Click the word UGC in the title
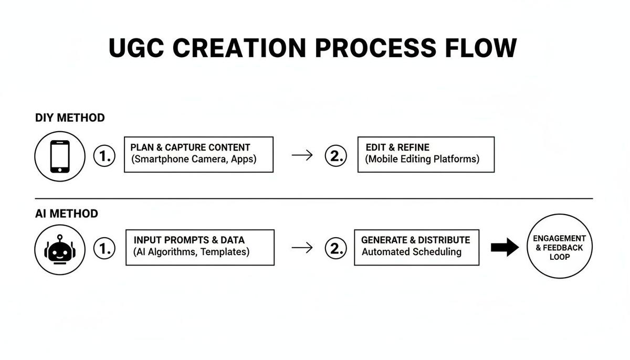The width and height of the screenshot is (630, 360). (x=135, y=48)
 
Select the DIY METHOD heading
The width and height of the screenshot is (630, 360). (x=70, y=118)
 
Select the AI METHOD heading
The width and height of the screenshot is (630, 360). (x=66, y=214)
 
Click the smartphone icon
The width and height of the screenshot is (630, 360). (x=60, y=156)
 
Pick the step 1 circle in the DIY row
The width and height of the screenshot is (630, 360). (x=104, y=156)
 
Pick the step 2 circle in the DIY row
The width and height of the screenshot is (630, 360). (x=336, y=156)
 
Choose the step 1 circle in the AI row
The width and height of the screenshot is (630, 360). (x=104, y=249)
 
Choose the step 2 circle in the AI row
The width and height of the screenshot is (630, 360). (x=336, y=249)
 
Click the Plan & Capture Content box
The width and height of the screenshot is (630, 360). (x=198, y=154)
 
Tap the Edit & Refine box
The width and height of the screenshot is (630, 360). (x=426, y=154)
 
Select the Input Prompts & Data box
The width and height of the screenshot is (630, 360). (x=199, y=247)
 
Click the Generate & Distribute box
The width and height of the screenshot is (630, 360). (x=416, y=247)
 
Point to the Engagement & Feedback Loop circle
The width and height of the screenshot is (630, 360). (x=559, y=248)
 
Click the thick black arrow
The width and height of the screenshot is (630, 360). (x=505, y=248)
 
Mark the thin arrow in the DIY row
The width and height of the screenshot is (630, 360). (x=302, y=155)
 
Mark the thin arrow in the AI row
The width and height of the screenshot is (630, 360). (x=302, y=248)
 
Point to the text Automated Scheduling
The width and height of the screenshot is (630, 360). (x=412, y=252)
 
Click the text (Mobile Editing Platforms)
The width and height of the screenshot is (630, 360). (x=423, y=160)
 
